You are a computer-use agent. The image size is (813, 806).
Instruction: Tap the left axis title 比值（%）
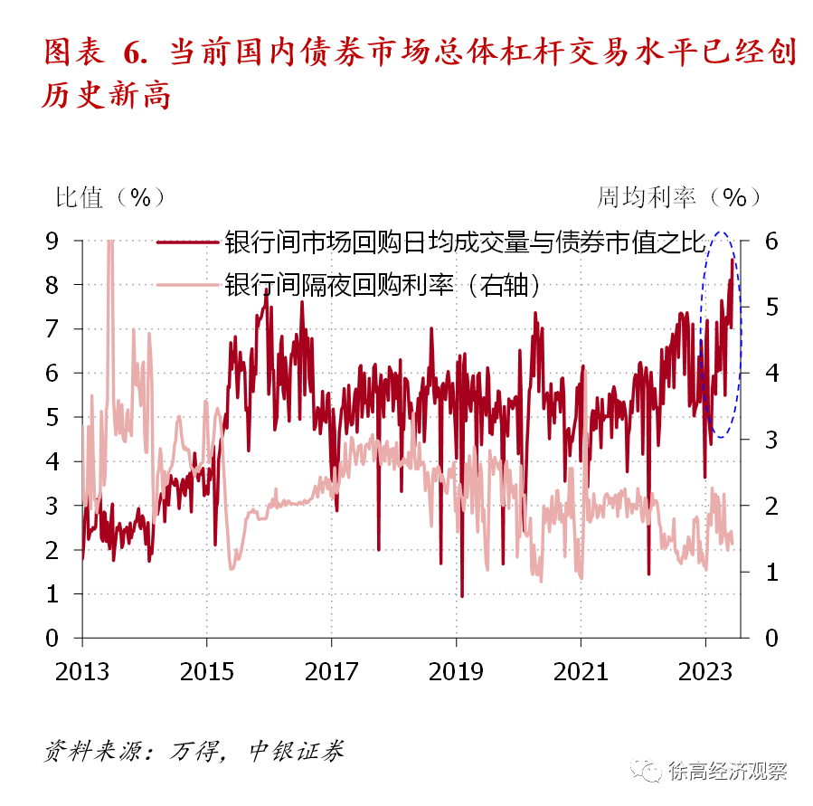point(111,197)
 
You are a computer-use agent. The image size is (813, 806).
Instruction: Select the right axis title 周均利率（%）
point(678,197)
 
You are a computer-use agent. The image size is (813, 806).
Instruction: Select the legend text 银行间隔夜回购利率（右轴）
point(385,285)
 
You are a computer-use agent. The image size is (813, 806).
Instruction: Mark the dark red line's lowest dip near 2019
point(462,595)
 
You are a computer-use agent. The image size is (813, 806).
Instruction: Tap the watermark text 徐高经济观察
point(728,771)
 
